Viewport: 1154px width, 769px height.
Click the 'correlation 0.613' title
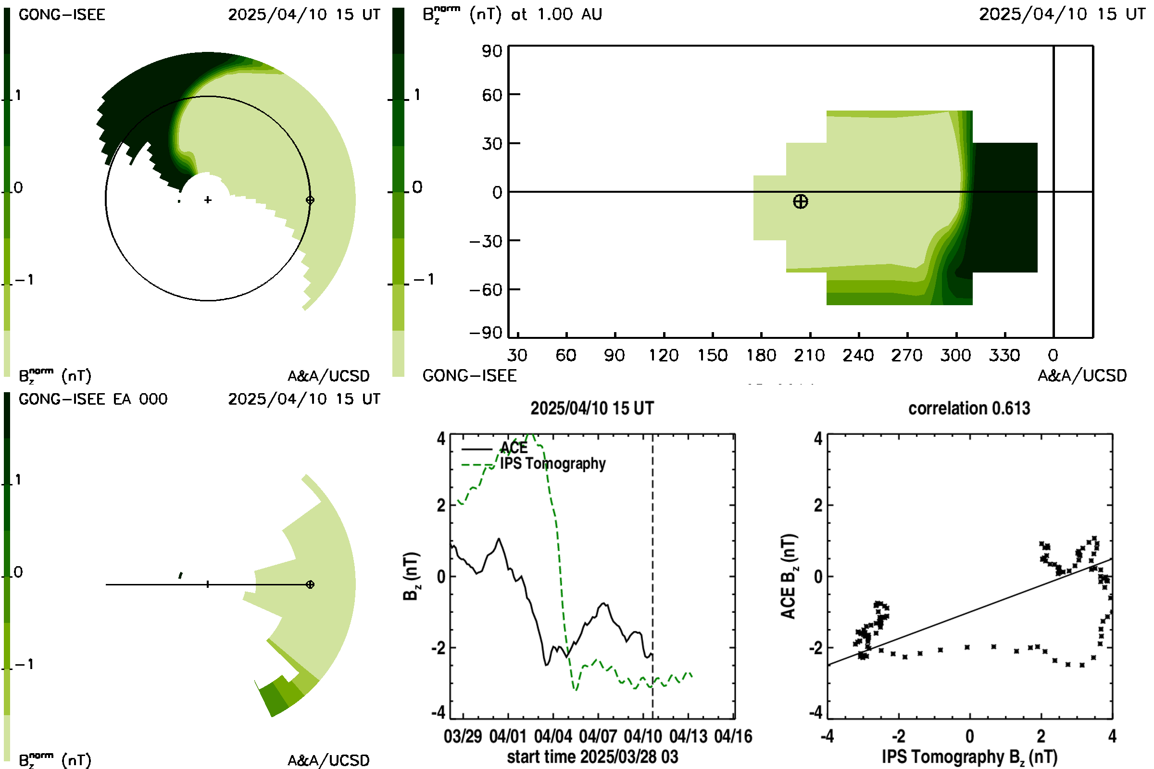969,409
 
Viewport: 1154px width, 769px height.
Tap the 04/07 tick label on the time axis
598,736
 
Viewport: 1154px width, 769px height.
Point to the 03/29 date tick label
463,736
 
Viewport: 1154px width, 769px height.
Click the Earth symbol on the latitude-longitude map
800,201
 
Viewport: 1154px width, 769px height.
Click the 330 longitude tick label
1004,355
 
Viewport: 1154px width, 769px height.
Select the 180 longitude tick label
761,355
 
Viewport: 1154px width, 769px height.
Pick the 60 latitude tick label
492,95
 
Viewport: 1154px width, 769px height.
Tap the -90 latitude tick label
486,333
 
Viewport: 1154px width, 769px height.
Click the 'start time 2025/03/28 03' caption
592,757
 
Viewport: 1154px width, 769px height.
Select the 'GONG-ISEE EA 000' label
93,399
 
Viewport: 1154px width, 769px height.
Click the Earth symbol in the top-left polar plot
310,200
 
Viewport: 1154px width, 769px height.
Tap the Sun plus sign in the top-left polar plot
208,199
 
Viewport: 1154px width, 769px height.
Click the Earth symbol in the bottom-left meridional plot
310,584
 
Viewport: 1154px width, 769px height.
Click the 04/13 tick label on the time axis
689,736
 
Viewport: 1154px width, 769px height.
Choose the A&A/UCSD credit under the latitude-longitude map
1082,376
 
